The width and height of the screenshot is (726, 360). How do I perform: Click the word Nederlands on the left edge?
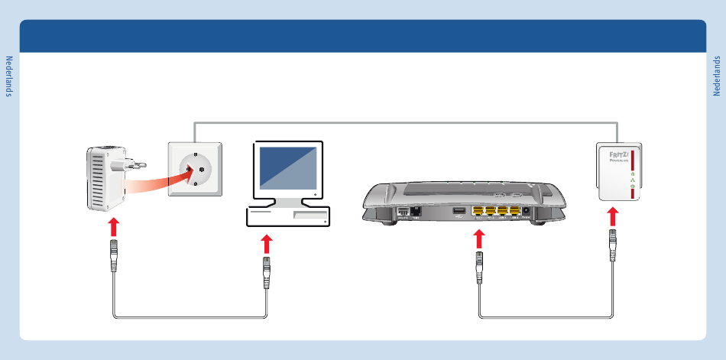9,76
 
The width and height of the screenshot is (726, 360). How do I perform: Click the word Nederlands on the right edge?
717,76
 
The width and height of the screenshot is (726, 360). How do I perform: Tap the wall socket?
195,169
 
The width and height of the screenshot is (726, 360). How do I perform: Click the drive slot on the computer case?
309,216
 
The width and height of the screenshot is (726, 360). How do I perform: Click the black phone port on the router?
416,211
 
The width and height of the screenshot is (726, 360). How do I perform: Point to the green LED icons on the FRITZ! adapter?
631,180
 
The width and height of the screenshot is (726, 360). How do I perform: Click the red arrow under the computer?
266,244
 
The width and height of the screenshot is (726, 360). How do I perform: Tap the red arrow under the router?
480,238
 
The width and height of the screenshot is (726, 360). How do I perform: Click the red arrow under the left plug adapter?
113,227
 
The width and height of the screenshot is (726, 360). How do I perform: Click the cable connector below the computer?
266,271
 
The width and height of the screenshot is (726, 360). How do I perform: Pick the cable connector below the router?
480,268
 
